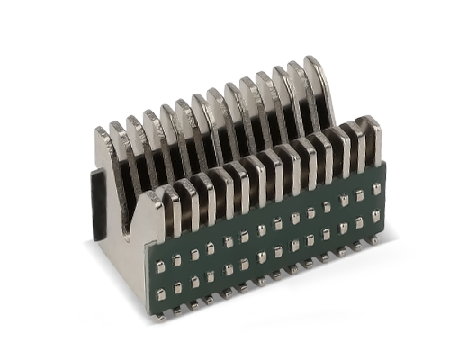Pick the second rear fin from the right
pos(294,67)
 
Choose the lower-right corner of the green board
pos(385,247)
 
